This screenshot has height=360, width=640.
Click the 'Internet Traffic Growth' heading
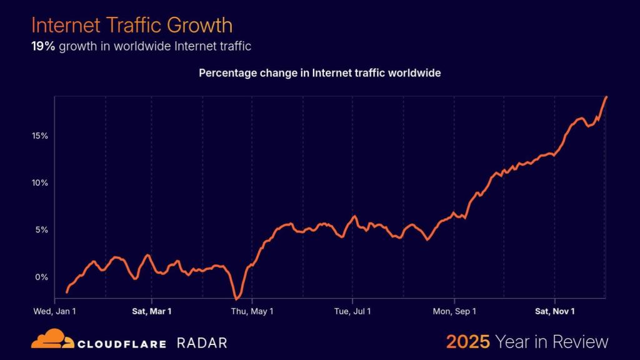click(x=132, y=25)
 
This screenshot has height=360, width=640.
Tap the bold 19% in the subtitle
click(x=43, y=46)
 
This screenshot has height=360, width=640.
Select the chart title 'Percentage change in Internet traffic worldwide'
click(x=320, y=73)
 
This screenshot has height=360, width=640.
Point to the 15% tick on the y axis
click(x=40, y=136)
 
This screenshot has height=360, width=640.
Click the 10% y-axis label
click(x=40, y=182)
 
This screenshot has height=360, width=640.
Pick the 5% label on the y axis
click(x=42, y=229)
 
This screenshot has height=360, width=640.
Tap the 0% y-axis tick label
click(x=42, y=277)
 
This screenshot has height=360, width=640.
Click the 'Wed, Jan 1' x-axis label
click(x=55, y=310)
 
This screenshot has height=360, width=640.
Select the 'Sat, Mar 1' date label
click(x=152, y=310)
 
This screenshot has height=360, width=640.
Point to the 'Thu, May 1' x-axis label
click(x=252, y=310)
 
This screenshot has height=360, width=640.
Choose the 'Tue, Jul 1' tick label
click(x=352, y=310)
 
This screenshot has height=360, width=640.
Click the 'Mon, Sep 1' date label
click(x=454, y=310)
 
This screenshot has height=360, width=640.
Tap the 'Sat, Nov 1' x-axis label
click(x=554, y=310)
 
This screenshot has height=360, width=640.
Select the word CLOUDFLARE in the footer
click(x=121, y=343)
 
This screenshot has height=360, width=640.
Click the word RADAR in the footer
click(x=202, y=342)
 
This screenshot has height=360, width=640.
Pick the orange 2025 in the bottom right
click(x=467, y=342)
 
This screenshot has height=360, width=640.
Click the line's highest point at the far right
click(x=606, y=97)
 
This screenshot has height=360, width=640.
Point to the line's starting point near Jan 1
click(x=67, y=292)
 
